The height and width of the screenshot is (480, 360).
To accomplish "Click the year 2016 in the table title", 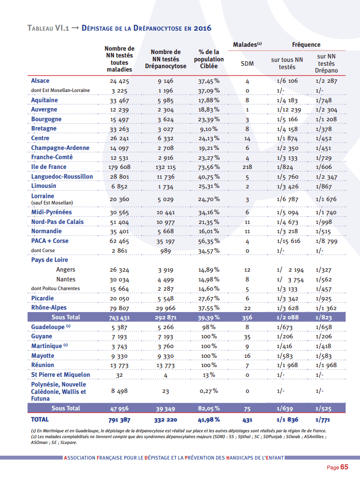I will (x=201, y=28).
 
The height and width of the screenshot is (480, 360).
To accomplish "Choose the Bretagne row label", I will (x=44, y=129).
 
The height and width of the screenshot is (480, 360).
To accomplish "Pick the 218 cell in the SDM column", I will (x=247, y=167).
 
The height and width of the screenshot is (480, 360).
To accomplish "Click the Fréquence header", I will (x=306, y=45).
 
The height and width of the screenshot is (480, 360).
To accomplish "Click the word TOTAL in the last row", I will (x=40, y=419).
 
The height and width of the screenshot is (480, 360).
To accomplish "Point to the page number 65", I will (x=344, y=467).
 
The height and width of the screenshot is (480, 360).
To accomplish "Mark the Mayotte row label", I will (x=43, y=355).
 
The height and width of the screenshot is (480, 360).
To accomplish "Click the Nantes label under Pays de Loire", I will (x=66, y=279).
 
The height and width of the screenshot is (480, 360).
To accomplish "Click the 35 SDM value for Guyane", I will (x=247, y=337).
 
